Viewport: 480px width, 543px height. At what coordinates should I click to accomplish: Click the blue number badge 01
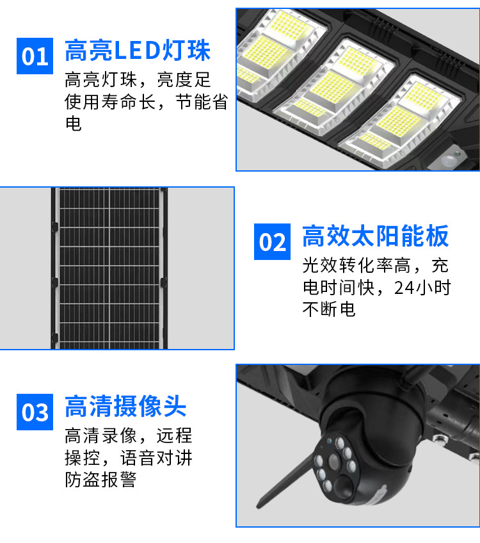click(35, 56)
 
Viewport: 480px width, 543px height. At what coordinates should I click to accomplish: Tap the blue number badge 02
click(273, 241)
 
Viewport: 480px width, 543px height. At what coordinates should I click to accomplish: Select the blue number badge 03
click(35, 412)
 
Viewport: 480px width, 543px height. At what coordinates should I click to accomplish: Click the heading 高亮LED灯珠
click(138, 51)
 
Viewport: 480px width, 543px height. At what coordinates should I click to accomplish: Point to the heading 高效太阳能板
click(376, 236)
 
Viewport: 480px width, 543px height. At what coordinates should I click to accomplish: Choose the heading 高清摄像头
click(125, 406)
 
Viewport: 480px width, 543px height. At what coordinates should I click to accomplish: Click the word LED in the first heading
click(137, 51)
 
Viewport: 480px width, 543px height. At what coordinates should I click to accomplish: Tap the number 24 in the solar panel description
click(404, 288)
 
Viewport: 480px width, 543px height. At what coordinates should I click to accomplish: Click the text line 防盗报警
click(100, 480)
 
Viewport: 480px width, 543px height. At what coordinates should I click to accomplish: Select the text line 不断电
click(329, 309)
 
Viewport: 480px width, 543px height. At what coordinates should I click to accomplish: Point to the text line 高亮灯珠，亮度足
click(138, 79)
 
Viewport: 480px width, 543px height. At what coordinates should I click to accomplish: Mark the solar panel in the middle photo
click(109, 268)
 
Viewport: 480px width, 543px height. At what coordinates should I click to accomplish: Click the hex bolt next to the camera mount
click(440, 439)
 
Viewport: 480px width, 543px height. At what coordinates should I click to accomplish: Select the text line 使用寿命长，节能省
click(146, 102)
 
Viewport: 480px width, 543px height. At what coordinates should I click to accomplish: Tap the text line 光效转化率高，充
click(376, 266)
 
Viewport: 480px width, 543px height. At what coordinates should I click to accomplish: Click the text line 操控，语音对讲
click(129, 458)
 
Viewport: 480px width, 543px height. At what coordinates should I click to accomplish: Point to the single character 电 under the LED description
click(74, 124)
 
